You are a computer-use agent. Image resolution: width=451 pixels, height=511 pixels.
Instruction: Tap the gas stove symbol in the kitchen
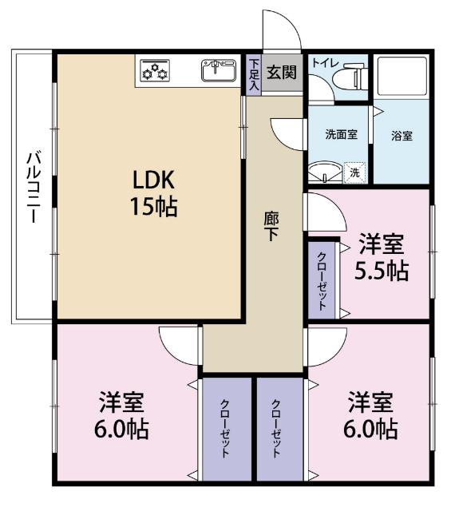tap(155, 72)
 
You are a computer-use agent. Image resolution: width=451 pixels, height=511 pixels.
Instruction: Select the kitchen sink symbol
tap(219, 71)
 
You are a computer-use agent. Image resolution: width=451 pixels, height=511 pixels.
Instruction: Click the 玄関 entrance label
tap(281, 72)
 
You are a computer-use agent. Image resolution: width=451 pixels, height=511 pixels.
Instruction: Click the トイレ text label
tap(325, 61)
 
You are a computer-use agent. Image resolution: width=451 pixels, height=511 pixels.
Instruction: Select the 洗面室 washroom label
tap(338, 135)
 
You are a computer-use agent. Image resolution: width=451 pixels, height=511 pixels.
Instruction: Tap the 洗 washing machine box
tap(354, 172)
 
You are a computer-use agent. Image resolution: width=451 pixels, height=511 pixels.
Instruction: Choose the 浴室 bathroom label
tap(402, 136)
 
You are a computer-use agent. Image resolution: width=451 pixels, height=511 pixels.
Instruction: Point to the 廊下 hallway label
tap(272, 225)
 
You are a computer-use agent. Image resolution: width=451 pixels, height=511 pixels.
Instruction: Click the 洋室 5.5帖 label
tap(382, 256)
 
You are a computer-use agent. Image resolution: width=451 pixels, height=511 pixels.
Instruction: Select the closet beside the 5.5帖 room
tap(321, 279)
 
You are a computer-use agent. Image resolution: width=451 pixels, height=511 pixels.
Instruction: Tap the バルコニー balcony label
tap(31, 187)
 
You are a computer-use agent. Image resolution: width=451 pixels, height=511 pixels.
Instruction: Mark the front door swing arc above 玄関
tap(282, 32)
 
